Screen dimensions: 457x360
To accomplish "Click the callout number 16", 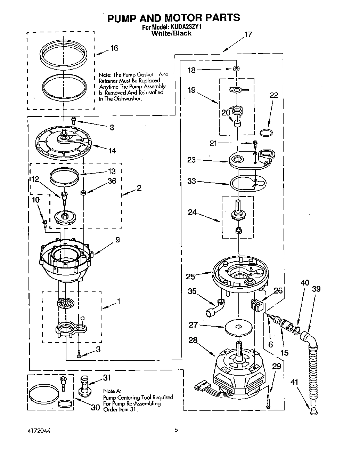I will [114, 48].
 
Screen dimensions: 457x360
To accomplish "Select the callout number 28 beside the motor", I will [193, 340].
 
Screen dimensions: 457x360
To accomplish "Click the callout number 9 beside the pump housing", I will [117, 240].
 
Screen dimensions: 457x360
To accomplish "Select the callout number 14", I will [112, 151].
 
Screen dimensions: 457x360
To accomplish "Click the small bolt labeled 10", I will [44, 223].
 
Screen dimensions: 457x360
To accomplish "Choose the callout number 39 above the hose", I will [316, 289].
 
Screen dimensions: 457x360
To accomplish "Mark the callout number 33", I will [191, 181].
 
